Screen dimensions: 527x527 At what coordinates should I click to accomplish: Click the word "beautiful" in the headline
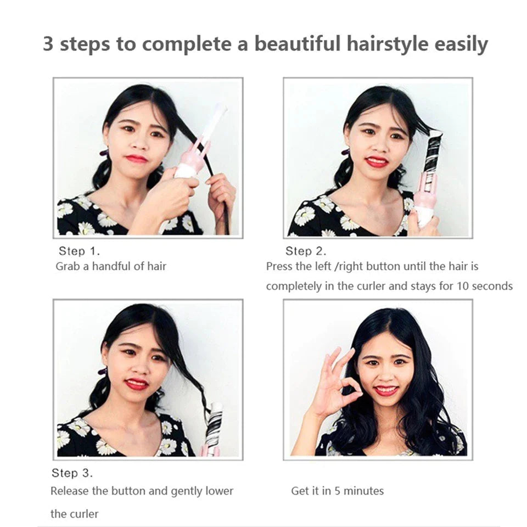pyautogui.click(x=298, y=44)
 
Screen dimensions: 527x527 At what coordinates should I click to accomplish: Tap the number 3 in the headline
pyautogui.click(x=48, y=44)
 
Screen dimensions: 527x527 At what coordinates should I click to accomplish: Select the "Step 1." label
pyautogui.click(x=79, y=251)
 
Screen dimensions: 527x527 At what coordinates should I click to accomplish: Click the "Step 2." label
pyautogui.click(x=306, y=251)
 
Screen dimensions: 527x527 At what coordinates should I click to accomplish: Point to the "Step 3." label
pyautogui.click(x=72, y=473)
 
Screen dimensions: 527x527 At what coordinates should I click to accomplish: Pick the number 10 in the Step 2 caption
pyautogui.click(x=463, y=286)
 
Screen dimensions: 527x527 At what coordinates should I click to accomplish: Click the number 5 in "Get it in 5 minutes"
pyautogui.click(x=338, y=491)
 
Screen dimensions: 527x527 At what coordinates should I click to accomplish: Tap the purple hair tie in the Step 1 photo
pyautogui.click(x=104, y=153)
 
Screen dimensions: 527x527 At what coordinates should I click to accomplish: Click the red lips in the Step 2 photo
pyautogui.click(x=377, y=161)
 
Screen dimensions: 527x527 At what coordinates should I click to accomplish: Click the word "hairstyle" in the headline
pyautogui.click(x=388, y=44)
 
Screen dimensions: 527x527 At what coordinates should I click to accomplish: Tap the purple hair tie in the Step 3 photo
pyautogui.click(x=102, y=372)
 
